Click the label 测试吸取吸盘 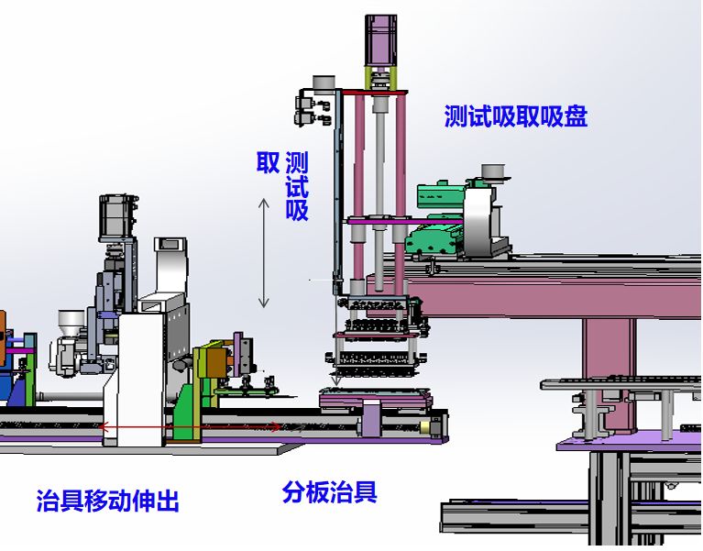516,116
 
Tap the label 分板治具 330,491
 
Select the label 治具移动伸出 107,501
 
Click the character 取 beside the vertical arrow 268,162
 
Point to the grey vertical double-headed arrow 264,253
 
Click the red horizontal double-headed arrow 190,427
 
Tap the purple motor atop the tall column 380,39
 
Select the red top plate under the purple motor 375,93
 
